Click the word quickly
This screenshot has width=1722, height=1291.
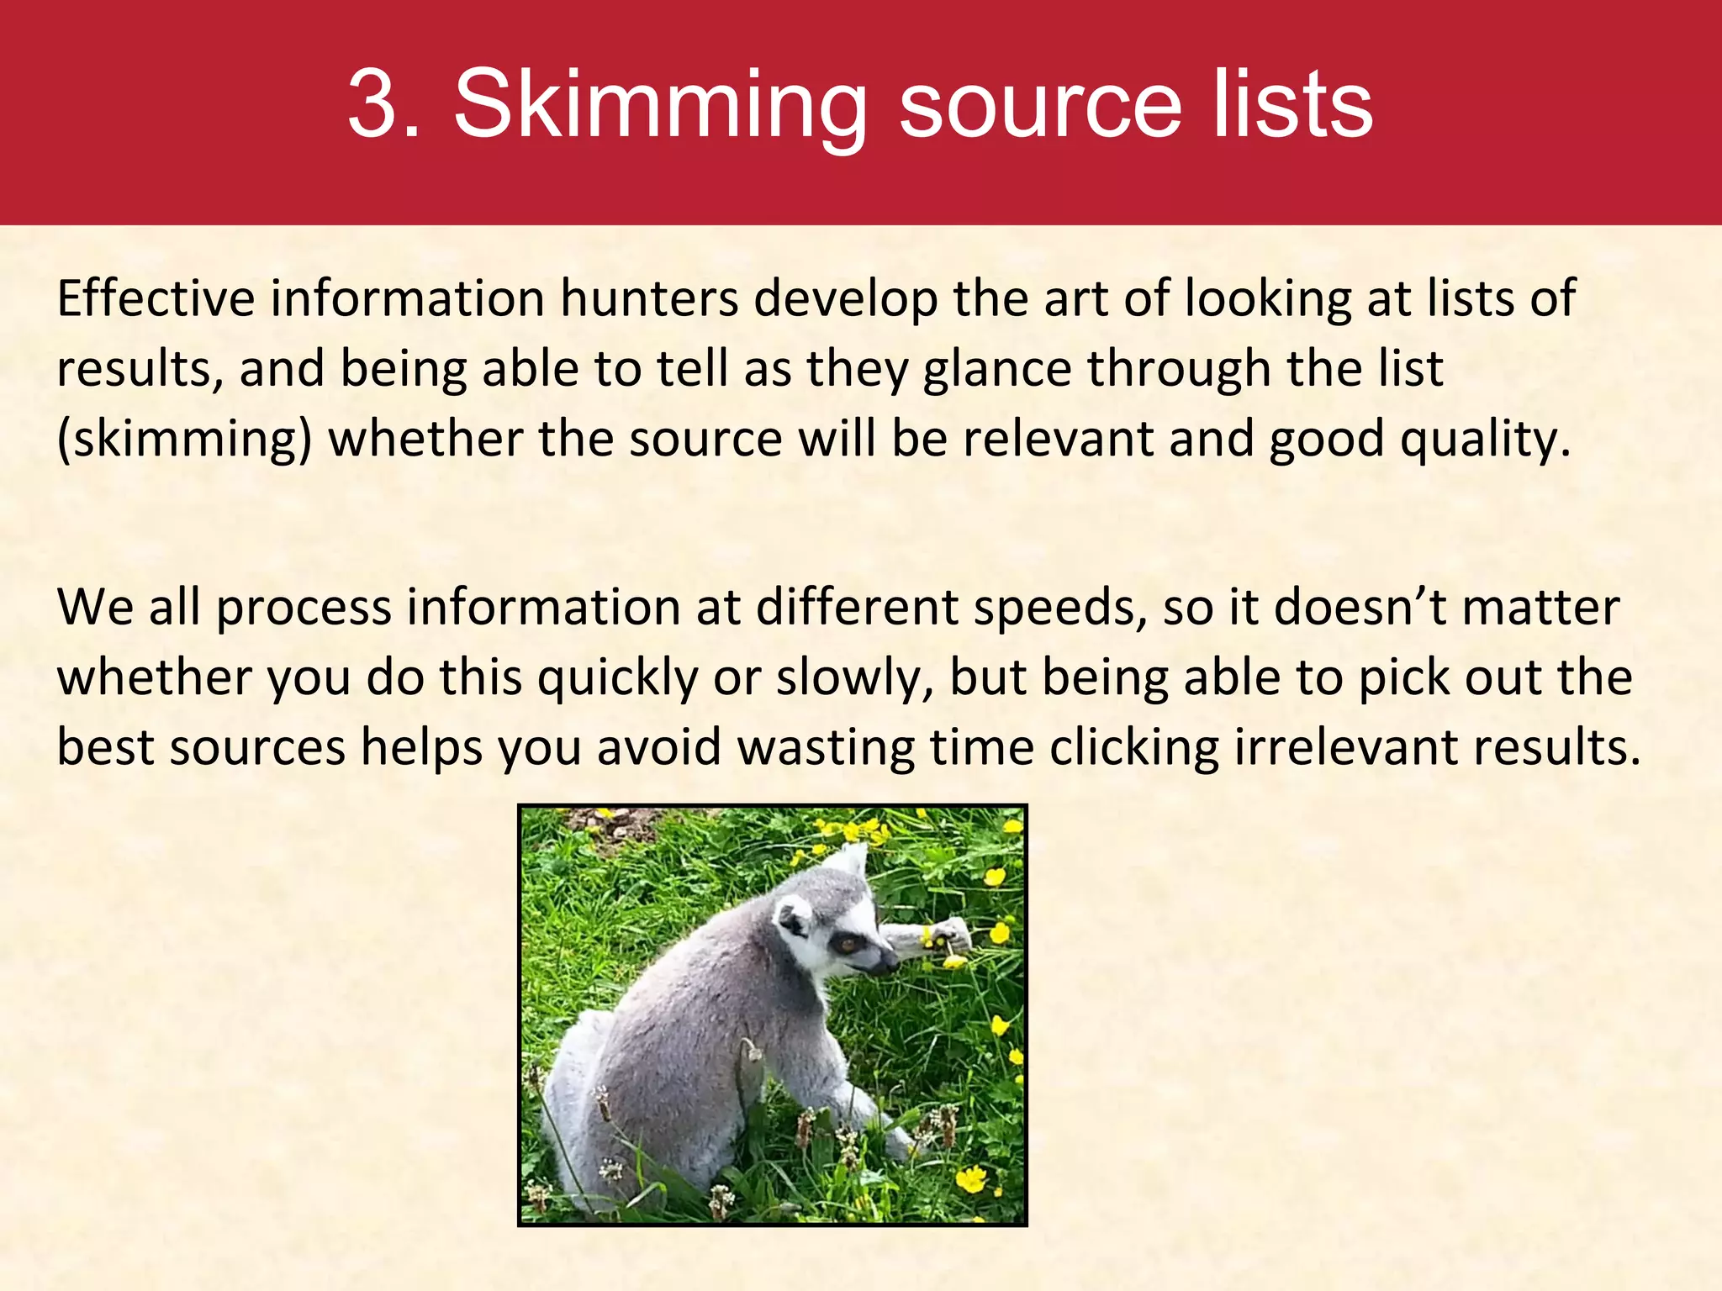pyautogui.click(x=618, y=678)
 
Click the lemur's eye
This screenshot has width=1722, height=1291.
pyautogui.click(x=845, y=943)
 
